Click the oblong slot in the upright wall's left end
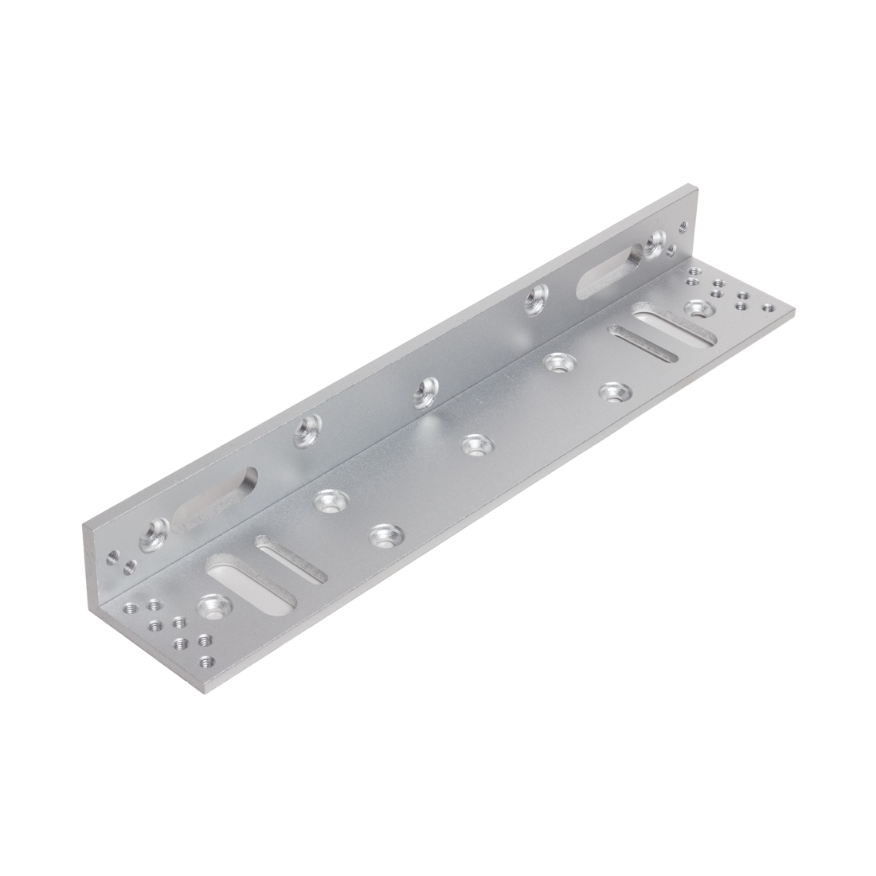click(x=217, y=502)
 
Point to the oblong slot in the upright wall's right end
click(x=611, y=272)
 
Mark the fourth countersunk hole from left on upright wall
click(x=536, y=300)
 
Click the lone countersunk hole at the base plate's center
click(x=475, y=444)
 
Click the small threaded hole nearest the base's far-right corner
click(x=768, y=308)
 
